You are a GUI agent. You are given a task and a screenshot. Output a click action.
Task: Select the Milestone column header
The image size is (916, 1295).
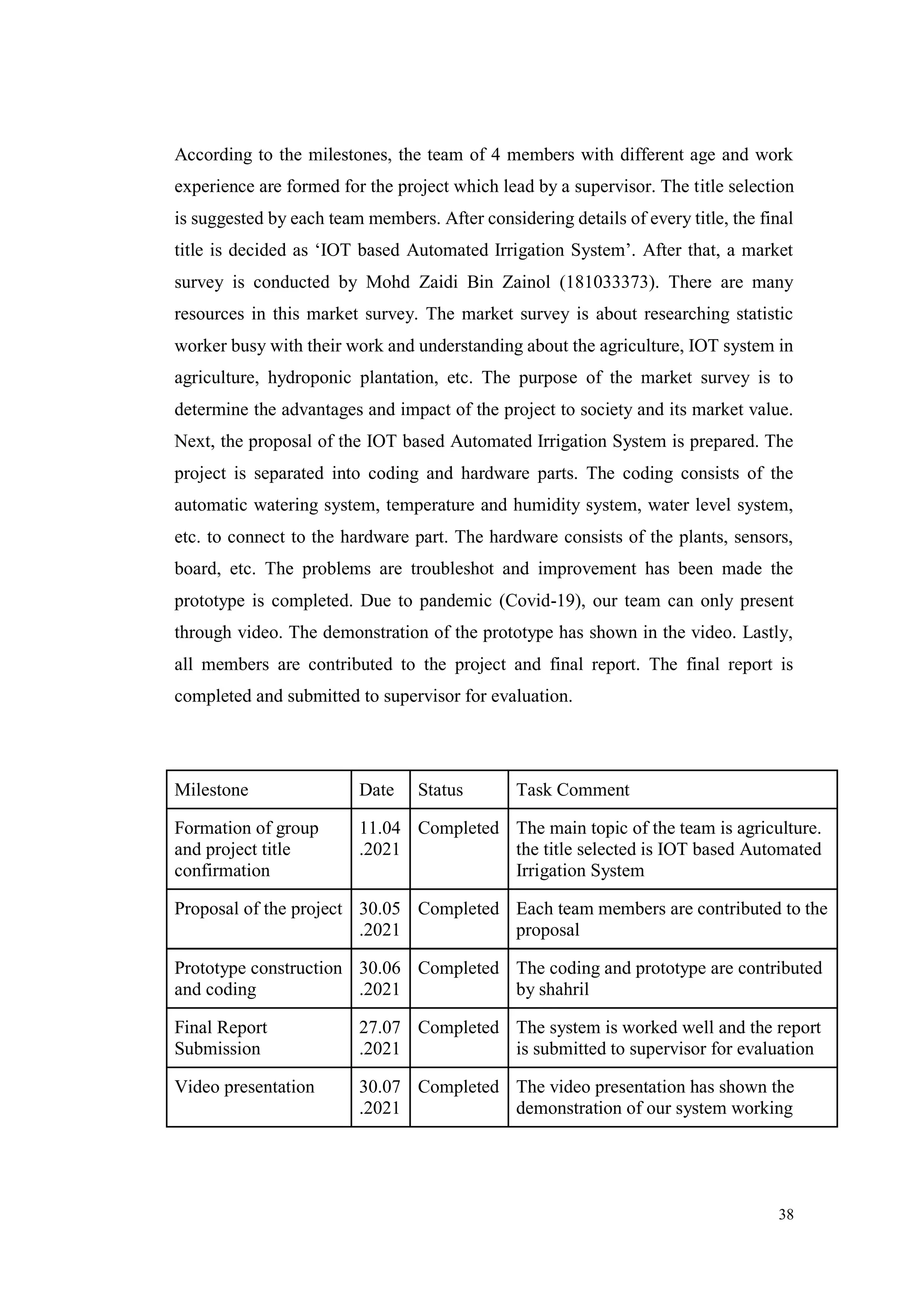(x=211, y=790)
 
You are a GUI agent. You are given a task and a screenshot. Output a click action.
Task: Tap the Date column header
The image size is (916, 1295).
(x=376, y=790)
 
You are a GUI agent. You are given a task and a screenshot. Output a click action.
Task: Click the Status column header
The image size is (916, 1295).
(x=440, y=790)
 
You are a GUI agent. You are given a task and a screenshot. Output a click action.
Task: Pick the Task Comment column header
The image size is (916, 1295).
(x=572, y=790)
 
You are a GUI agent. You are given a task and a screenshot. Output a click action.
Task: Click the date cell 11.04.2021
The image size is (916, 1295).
(x=380, y=839)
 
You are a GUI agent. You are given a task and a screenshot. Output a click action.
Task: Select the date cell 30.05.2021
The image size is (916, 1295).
(x=380, y=919)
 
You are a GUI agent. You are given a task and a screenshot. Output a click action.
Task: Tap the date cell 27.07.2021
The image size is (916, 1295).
(x=380, y=1038)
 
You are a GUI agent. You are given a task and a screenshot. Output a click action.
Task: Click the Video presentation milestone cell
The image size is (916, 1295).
(x=244, y=1087)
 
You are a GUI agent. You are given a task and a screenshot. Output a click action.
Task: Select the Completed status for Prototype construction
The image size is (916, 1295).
(x=458, y=968)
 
